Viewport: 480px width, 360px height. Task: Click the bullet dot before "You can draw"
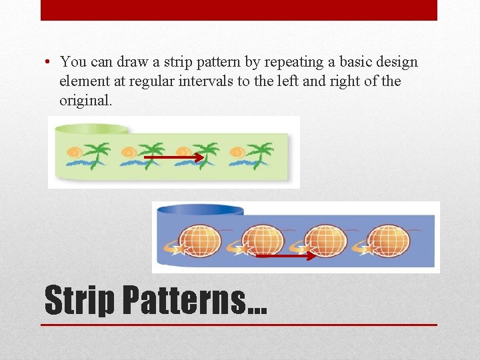pyautogui.click(x=49, y=63)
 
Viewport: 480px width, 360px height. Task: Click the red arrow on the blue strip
pyautogui.click(x=285, y=255)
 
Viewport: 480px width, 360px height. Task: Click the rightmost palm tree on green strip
pyautogui.click(x=260, y=154)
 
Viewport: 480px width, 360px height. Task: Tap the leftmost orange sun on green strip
pyautogui.click(x=75, y=152)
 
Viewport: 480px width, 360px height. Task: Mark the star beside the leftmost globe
pyautogui.click(x=179, y=249)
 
